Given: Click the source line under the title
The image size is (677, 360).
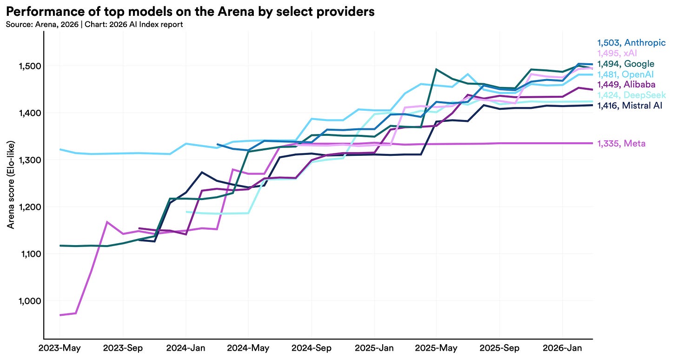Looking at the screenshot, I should [x=94, y=25].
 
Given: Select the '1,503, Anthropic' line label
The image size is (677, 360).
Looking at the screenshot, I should [x=631, y=43].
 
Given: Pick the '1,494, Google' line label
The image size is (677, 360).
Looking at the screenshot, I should [x=625, y=64].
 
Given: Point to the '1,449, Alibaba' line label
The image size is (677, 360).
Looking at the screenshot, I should [x=626, y=85].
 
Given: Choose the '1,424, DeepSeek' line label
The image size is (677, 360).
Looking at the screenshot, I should [x=631, y=95].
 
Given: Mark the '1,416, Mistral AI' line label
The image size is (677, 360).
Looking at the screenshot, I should [x=630, y=106].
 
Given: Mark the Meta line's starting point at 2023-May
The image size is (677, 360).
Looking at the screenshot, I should [x=60, y=315].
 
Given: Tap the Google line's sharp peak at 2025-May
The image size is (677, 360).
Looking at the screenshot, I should [x=436, y=69].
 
